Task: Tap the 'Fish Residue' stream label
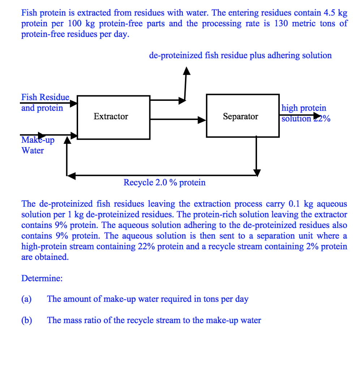[x=45, y=98]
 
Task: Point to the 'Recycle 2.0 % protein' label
[x=164, y=182]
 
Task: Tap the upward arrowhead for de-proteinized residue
[x=186, y=70]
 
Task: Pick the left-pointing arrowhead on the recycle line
[x=71, y=176]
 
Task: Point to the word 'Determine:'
[x=42, y=278]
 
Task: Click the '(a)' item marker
[x=26, y=299]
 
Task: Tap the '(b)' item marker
[x=26, y=320]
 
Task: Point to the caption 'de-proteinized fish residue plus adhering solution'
[x=240, y=56]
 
